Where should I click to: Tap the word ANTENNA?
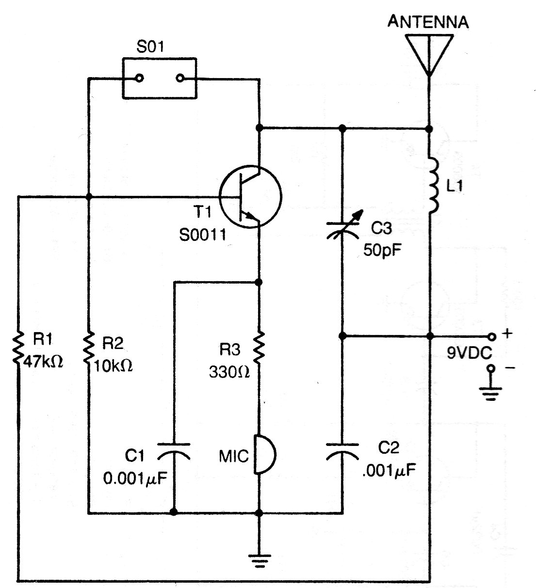pyautogui.click(x=428, y=22)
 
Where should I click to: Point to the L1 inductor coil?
pyautogui.click(x=433, y=185)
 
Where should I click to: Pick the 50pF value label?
pyautogui.click(x=382, y=250)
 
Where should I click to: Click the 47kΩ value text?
pyautogui.click(x=43, y=362)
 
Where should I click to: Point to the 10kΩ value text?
pyautogui.click(x=113, y=365)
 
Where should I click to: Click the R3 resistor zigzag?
pyautogui.click(x=259, y=348)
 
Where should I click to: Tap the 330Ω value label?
pyautogui.click(x=229, y=372)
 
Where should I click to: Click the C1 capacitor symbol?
pyautogui.click(x=174, y=451)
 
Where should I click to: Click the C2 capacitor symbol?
pyautogui.click(x=342, y=452)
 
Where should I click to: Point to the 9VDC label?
pyautogui.click(x=469, y=353)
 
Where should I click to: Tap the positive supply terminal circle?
pyautogui.click(x=492, y=337)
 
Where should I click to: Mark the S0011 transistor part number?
pyautogui.click(x=203, y=235)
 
